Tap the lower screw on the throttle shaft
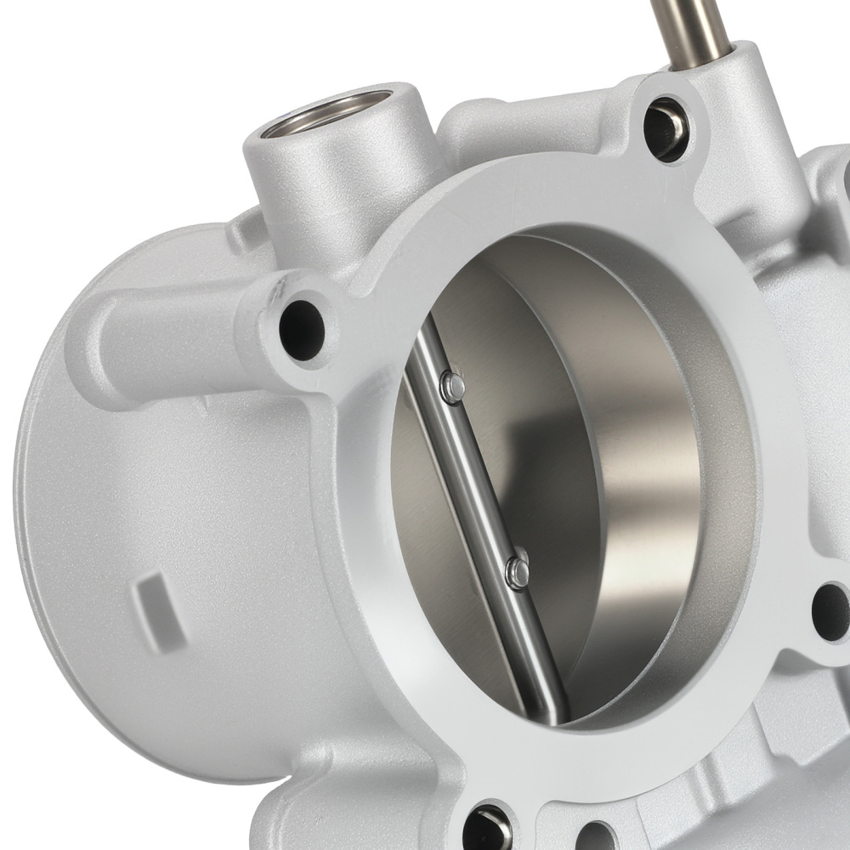pos(516,572)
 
